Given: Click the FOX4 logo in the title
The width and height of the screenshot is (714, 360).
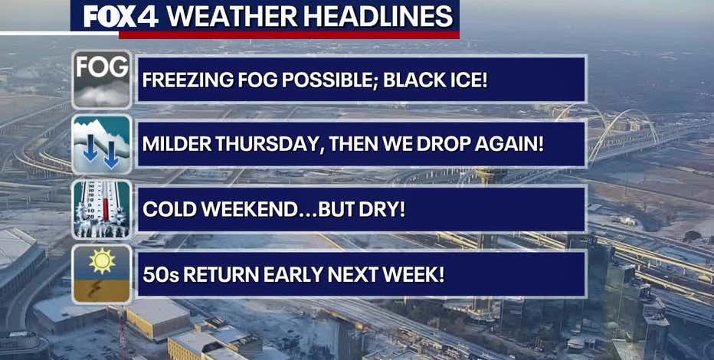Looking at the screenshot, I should click(x=120, y=16).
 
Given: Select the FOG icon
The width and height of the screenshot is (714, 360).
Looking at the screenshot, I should click(x=102, y=79).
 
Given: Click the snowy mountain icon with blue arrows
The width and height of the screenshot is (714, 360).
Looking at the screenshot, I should click(x=102, y=143).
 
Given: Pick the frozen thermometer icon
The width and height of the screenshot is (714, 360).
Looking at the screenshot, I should click(x=102, y=208).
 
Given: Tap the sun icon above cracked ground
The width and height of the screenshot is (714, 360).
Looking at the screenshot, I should click(x=102, y=273).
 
